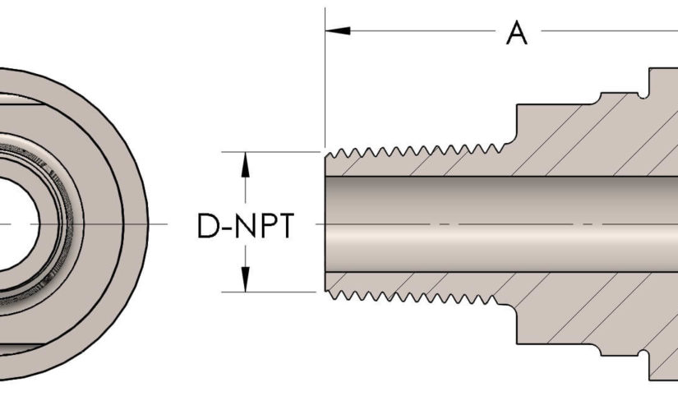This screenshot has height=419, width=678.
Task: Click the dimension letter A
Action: point(516,34)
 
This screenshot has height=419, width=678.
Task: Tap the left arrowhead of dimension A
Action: point(339,30)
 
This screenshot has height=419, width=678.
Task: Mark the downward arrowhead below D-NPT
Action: point(244,281)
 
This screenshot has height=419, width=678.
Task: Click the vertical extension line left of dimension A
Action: point(325,82)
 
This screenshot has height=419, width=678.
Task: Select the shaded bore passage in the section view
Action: point(493,223)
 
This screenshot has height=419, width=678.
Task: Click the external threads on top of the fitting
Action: point(411,153)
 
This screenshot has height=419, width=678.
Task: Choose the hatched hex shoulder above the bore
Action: point(575,140)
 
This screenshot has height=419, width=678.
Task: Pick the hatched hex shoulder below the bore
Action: point(575,308)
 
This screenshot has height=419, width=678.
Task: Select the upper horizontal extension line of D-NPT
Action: point(271,152)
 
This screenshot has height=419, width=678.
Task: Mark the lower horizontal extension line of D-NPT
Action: point(271,292)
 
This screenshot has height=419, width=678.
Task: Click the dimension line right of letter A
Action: point(608,31)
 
